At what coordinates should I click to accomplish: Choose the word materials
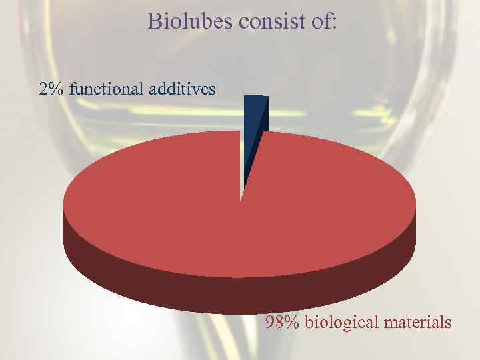(418, 323)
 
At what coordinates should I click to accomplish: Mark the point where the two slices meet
(241, 199)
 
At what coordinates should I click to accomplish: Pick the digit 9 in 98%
(271, 323)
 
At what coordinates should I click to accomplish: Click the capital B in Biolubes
(155, 21)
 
